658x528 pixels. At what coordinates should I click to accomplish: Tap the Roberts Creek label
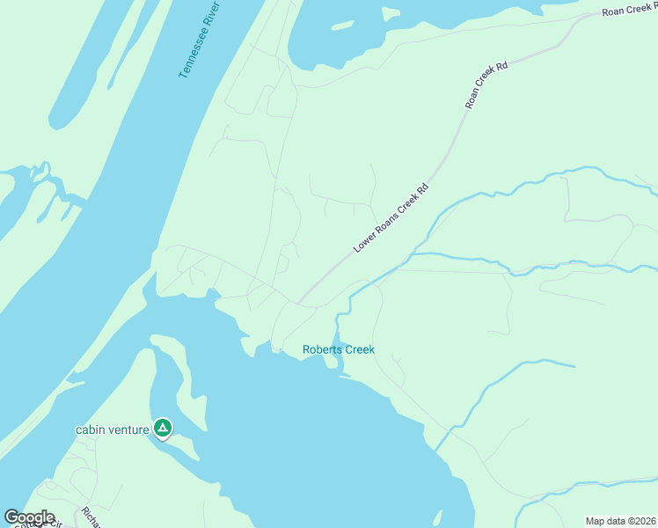[x=339, y=349]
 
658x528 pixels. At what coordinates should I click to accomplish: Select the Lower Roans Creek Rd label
[x=391, y=217]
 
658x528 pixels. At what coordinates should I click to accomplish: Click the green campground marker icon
[x=162, y=429]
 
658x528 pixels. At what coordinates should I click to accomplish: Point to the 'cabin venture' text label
[x=113, y=429]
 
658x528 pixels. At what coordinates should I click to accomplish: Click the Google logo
[x=29, y=517]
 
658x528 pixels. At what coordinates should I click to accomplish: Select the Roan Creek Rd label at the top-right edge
[x=630, y=10]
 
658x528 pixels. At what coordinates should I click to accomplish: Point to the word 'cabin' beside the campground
[x=91, y=429]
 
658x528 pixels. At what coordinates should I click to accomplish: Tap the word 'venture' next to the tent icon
[x=129, y=429]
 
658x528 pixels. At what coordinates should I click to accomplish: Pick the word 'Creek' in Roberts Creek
[x=360, y=349]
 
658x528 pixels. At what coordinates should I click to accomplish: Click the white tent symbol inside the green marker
[x=162, y=428]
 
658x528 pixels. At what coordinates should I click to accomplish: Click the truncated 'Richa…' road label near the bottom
[x=91, y=517]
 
